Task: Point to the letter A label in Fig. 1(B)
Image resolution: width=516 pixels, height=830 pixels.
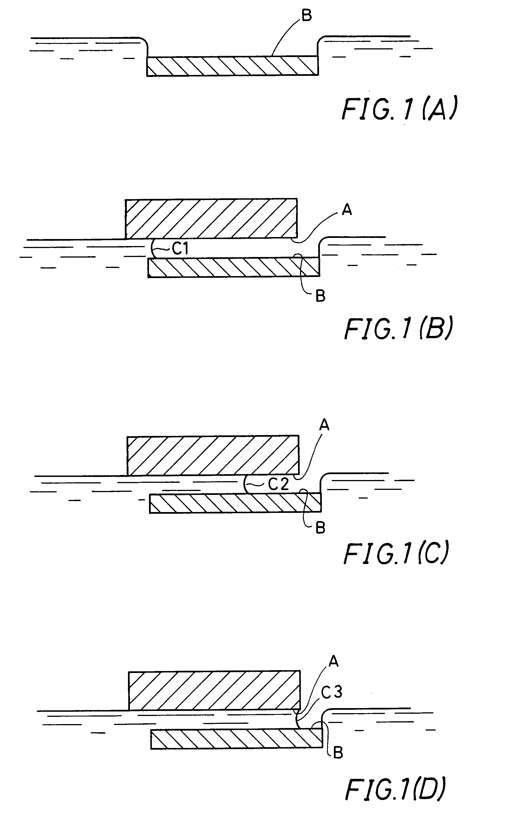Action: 347,210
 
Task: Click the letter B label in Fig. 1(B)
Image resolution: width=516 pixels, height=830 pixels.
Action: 320,296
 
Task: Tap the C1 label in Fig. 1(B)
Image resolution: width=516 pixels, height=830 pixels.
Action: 180,249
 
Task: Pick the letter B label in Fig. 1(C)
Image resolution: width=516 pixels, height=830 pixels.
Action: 320,528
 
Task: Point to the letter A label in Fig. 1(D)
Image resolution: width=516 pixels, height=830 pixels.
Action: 333,661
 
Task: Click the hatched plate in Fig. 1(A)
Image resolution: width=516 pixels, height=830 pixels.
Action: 232,66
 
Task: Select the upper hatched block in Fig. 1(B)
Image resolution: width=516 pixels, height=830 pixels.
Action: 211,218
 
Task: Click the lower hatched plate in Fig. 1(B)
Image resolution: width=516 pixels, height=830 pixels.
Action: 234,267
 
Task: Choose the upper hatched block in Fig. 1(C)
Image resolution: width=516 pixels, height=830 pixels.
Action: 213,455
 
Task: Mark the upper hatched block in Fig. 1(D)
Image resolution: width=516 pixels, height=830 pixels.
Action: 214,691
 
